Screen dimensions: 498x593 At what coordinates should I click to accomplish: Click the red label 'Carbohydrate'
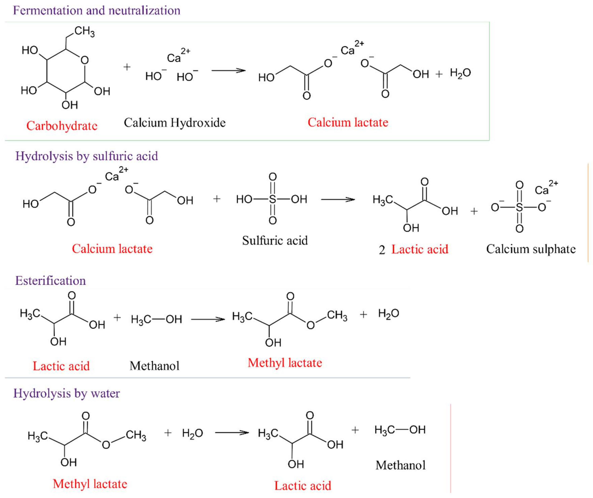(x=62, y=126)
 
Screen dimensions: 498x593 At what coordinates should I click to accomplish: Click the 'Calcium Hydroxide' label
(x=174, y=123)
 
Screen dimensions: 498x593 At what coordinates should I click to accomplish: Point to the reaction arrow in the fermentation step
(x=228, y=71)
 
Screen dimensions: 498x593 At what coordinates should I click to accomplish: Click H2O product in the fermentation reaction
(x=460, y=73)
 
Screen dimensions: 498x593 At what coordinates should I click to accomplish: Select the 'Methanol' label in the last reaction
(x=400, y=465)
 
